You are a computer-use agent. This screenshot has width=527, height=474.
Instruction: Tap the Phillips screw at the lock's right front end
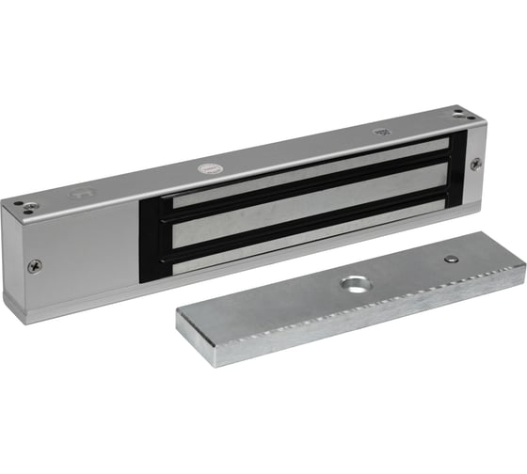point(475,165)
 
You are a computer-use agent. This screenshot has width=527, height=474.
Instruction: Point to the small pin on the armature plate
point(453,257)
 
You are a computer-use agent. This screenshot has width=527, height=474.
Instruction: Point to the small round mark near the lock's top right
point(381,134)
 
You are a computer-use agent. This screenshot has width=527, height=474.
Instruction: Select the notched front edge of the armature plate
point(358,313)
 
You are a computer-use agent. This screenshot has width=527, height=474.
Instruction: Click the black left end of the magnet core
point(152,226)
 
